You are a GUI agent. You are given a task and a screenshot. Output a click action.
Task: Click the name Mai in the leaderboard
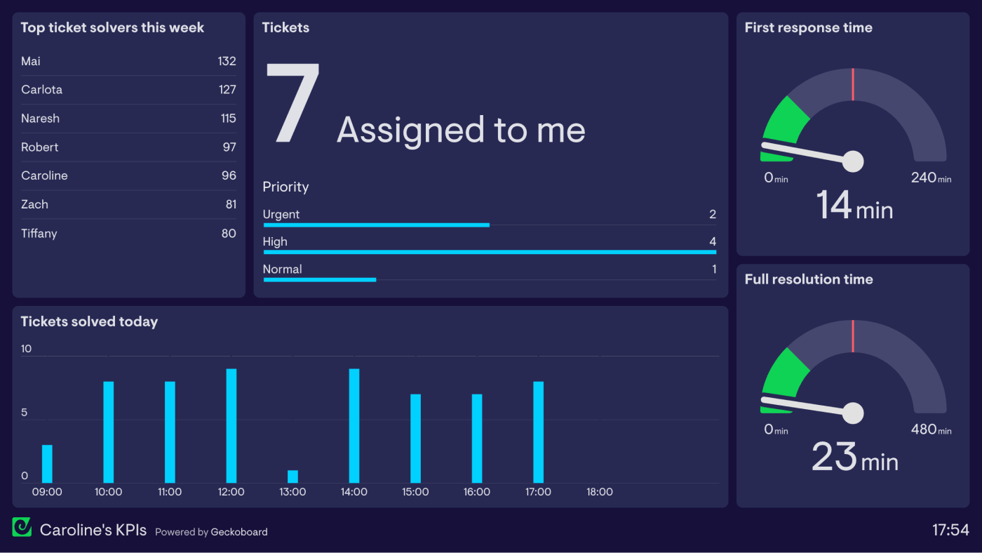pyautogui.click(x=31, y=62)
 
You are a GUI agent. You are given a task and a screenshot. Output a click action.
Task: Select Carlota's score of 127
pyautogui.click(x=227, y=90)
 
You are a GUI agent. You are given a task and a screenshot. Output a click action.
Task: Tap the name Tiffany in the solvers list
pyautogui.click(x=39, y=234)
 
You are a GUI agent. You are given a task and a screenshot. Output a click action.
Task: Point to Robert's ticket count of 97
pyautogui.click(x=229, y=147)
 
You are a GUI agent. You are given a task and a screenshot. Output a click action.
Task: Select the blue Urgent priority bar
pyautogui.click(x=376, y=225)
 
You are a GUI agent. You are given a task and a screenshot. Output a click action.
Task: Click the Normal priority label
pyautogui.click(x=282, y=269)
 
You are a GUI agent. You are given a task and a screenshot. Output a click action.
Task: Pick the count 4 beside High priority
pyautogui.click(x=713, y=242)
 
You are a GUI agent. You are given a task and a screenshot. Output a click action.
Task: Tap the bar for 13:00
pyautogui.click(x=292, y=477)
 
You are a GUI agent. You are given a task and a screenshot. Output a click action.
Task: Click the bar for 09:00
pyautogui.click(x=47, y=464)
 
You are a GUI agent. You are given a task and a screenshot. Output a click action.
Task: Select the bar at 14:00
pyautogui.click(x=354, y=425)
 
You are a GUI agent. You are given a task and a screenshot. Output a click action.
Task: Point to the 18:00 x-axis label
pyautogui.click(x=600, y=492)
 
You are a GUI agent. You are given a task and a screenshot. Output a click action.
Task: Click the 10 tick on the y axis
pyautogui.click(x=27, y=349)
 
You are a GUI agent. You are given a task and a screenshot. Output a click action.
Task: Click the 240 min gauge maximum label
pyautogui.click(x=931, y=178)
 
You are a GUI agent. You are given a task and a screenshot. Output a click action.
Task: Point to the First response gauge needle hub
pyautogui.click(x=853, y=161)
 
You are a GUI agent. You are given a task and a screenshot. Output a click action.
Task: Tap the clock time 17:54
pyautogui.click(x=950, y=531)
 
